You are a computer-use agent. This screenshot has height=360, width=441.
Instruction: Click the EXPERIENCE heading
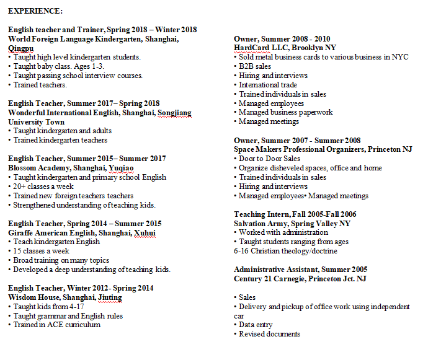coord(35,11)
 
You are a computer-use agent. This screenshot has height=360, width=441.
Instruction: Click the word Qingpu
coord(21,48)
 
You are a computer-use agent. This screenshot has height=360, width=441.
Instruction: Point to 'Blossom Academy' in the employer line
coord(38,168)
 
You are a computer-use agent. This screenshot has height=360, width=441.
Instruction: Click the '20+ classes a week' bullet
coord(43,187)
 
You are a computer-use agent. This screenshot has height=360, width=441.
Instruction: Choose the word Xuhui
coord(145,233)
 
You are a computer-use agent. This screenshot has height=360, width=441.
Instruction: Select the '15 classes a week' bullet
coord(41,251)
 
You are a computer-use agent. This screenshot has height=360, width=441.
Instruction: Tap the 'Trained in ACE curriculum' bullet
coord(56,325)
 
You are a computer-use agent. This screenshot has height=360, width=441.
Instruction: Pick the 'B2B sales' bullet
coord(255,66)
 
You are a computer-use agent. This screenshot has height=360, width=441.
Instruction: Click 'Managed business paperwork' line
coord(285,113)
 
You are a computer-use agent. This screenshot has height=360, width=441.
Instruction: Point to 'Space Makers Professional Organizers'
coord(299,149)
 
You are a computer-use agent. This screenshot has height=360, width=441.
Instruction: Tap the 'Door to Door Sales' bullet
coord(269,159)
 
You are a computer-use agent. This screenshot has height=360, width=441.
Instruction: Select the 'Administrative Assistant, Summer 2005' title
coord(300,270)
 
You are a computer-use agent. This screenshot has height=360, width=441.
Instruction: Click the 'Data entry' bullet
coord(255,325)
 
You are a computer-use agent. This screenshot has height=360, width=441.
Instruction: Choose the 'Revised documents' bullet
coord(269,334)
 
